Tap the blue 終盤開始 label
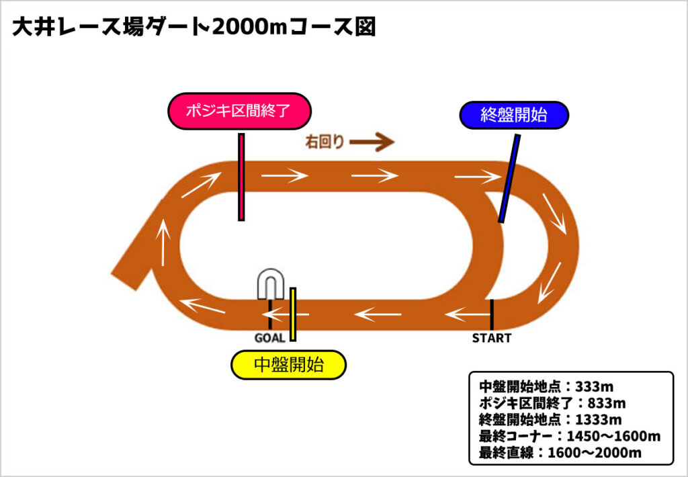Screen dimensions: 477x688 pyautogui.click(x=514, y=116)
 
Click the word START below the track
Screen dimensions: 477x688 pyautogui.click(x=491, y=338)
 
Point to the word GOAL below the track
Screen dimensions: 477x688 pyautogui.click(x=269, y=338)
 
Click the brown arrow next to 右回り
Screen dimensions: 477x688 pyautogui.click(x=372, y=142)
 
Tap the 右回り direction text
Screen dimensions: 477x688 pyautogui.click(x=325, y=142)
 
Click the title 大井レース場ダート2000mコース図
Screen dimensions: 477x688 pyautogui.click(x=193, y=28)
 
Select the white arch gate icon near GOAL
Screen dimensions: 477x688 pyautogui.click(x=269, y=285)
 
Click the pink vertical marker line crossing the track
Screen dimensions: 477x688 pyautogui.click(x=241, y=177)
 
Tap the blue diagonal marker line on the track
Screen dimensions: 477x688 pyautogui.click(x=509, y=178)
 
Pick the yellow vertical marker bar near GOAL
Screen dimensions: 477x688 pyautogui.click(x=293, y=314)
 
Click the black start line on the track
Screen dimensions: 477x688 pyautogui.click(x=492, y=314)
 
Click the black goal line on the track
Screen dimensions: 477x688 pyautogui.click(x=269, y=314)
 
